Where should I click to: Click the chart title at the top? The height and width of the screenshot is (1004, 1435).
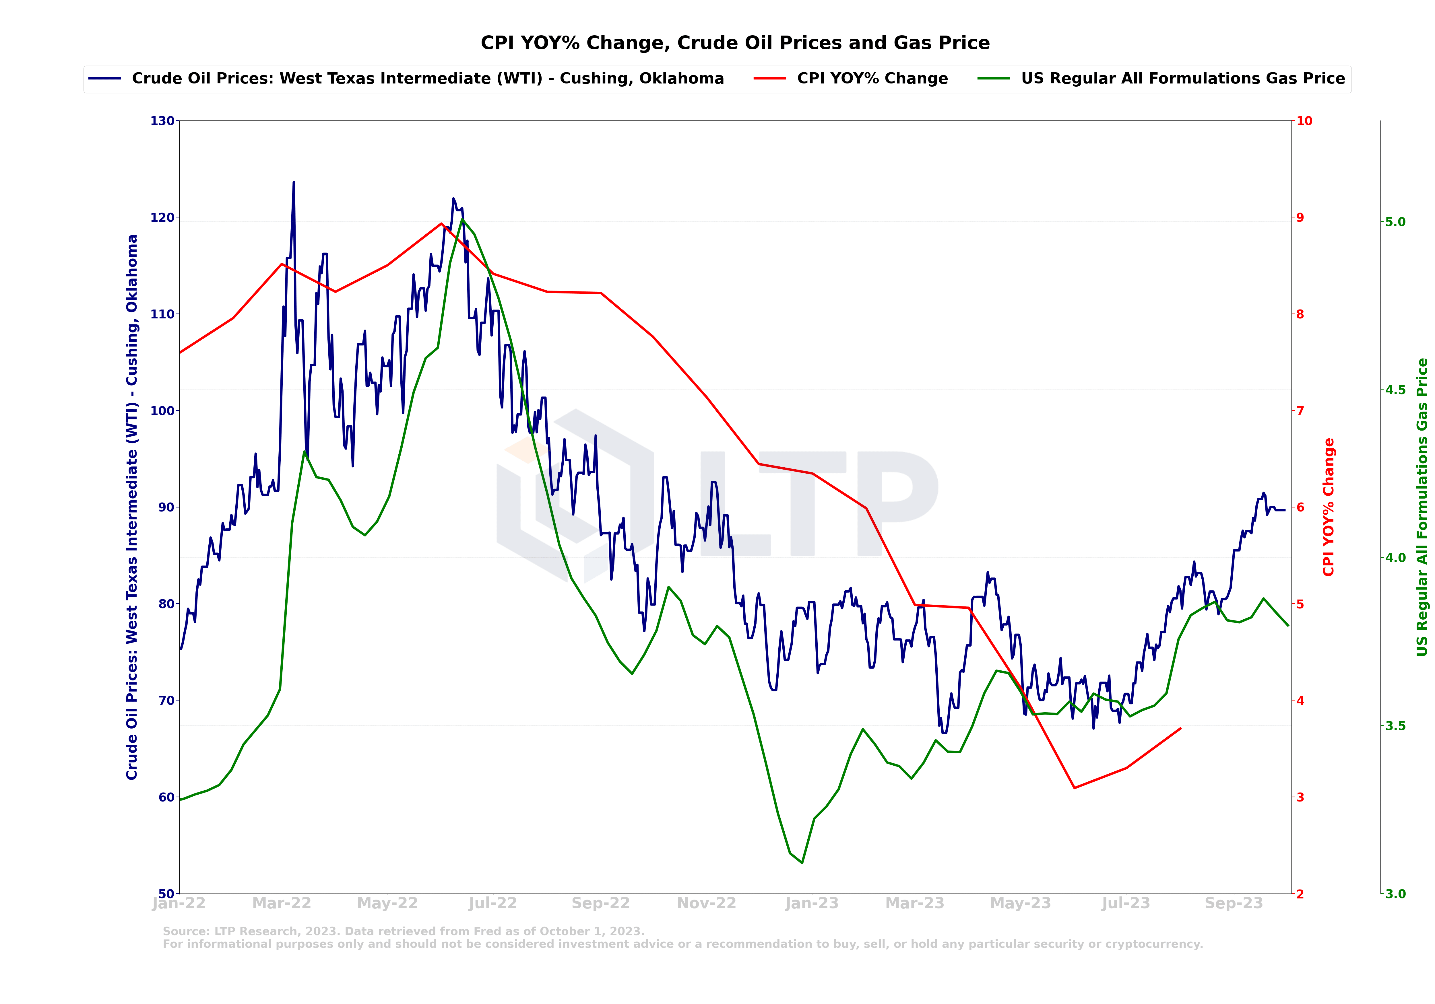click(735, 43)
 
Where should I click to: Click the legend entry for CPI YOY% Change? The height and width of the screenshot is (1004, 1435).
click(872, 79)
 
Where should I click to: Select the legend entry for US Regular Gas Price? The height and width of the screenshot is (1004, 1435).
click(1182, 79)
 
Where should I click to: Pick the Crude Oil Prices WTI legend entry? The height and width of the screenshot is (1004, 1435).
click(428, 79)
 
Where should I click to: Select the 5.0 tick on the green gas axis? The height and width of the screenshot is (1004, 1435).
click(1395, 222)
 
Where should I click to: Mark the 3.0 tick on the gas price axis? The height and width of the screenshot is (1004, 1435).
click(1395, 893)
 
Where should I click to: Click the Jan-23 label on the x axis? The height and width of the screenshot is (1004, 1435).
click(812, 903)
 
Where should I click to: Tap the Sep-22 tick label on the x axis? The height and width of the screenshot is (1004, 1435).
click(601, 903)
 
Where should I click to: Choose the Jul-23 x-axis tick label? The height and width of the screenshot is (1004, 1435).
click(1126, 903)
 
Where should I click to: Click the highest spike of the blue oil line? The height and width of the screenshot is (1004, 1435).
click(294, 182)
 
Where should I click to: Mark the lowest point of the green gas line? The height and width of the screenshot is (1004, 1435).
click(802, 863)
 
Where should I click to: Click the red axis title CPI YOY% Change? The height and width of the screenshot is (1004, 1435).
click(1329, 507)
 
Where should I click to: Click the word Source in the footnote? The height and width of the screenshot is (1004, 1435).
click(186, 931)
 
